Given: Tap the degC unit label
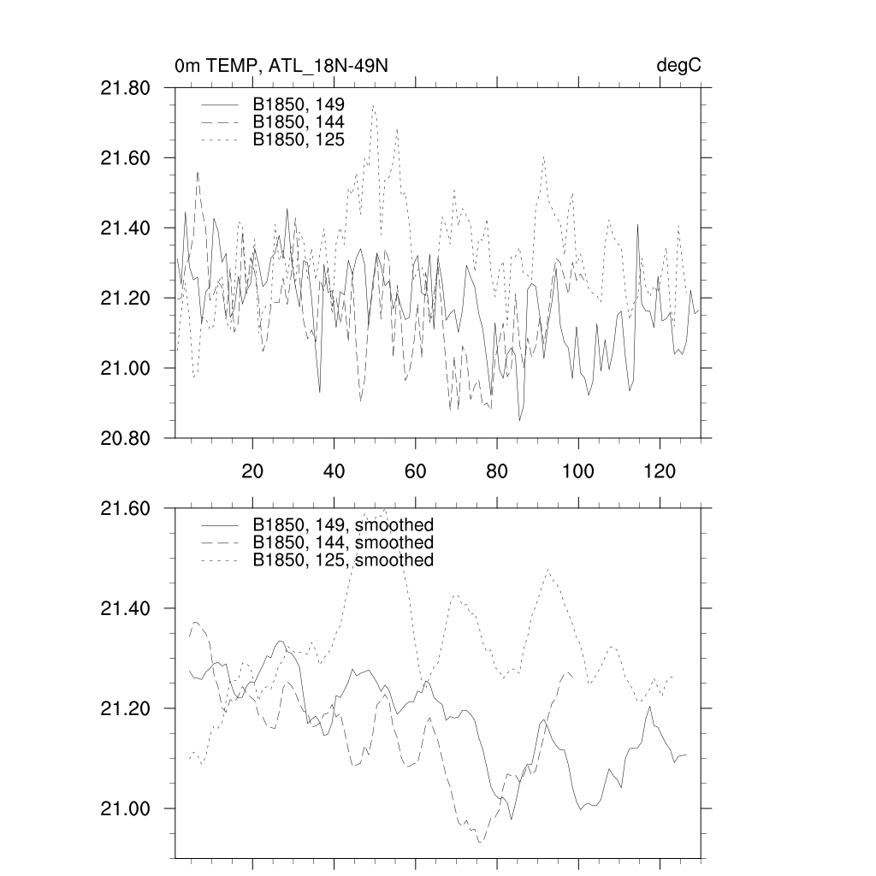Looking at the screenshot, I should pos(679,66).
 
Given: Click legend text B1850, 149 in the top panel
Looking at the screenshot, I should pos(299,104).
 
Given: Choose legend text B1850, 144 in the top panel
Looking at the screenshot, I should pos(299,122).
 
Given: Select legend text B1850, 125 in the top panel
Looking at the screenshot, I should pos(299,139).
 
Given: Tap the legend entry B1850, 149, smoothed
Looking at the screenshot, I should pos(343,524).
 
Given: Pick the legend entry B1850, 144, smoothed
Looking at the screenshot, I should pos(343,542).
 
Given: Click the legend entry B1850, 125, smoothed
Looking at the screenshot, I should pos(343,560).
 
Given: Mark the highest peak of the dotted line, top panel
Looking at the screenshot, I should pos(373,105).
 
